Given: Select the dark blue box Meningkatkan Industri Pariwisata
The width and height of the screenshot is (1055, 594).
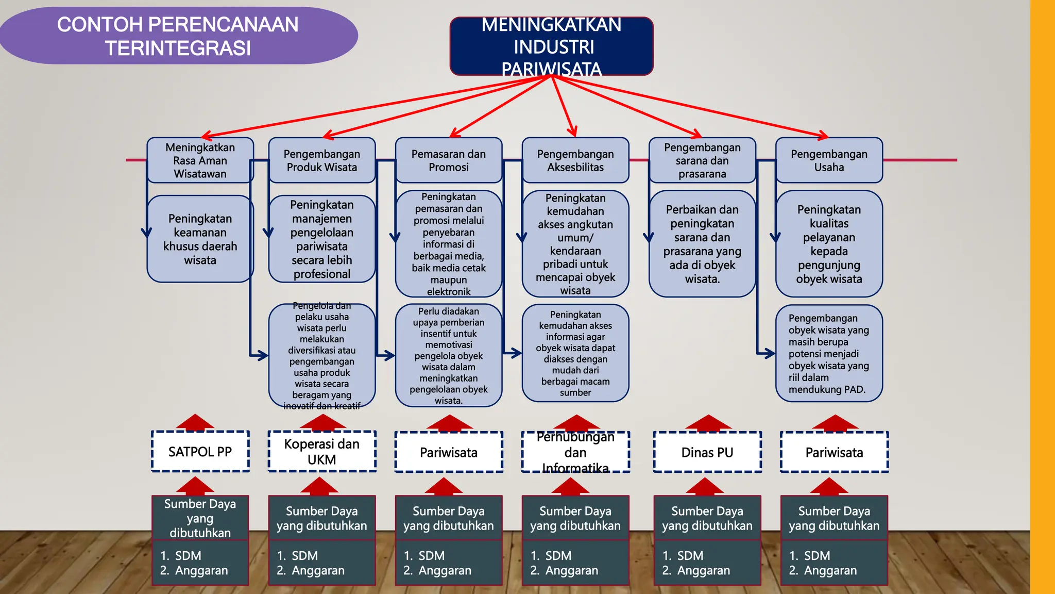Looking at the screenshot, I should click(551, 46).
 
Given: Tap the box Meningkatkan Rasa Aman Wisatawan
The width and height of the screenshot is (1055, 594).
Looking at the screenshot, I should click(200, 160).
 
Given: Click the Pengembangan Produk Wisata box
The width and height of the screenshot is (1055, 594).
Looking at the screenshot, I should click(321, 160).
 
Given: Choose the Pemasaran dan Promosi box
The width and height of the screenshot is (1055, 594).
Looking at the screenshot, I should click(448, 160).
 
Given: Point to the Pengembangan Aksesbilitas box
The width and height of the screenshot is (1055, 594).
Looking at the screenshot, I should click(575, 160).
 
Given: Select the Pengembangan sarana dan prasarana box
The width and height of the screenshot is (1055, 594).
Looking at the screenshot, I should click(702, 160).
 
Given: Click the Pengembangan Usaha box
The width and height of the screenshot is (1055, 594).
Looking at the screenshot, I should click(829, 160).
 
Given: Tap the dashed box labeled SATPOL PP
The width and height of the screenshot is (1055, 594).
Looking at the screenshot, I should click(200, 452).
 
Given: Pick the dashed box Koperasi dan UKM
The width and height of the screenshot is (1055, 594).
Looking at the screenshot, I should click(321, 452).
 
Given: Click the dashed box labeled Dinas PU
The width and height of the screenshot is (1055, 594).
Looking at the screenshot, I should click(707, 452).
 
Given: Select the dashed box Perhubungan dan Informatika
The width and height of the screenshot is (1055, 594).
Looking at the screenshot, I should click(575, 452).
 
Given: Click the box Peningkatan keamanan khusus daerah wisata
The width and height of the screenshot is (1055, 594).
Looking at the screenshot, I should click(200, 239).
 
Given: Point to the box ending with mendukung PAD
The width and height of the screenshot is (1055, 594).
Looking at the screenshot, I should click(828, 354).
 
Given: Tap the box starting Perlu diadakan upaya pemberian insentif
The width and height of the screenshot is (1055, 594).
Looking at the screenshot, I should click(448, 356).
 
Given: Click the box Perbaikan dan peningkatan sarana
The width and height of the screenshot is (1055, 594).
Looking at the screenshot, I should click(702, 244).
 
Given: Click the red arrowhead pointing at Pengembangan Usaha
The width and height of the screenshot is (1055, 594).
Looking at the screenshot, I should click(823, 136).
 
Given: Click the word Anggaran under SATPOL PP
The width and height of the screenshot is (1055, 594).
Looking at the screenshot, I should click(201, 570).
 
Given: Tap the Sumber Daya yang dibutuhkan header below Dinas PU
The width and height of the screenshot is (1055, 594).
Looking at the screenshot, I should click(707, 518).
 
